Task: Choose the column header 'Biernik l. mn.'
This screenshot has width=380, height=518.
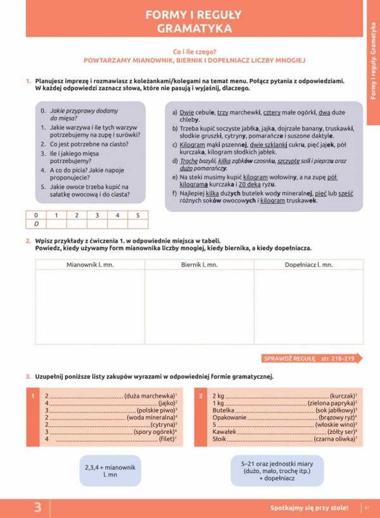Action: coord(199,264)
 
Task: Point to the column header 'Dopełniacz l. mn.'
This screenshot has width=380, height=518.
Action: coord(308,264)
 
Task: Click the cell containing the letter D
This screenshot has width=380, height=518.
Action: coord(36,224)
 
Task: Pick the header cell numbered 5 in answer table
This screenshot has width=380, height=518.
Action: coord(137,215)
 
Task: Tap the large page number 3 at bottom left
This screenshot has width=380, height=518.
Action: coord(38,507)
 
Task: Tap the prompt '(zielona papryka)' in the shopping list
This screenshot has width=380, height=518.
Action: coord(331,403)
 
